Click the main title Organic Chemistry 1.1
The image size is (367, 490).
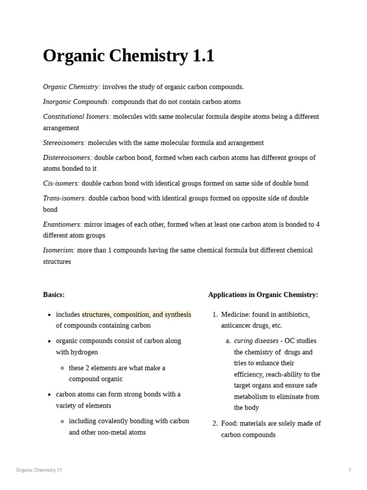(129, 56)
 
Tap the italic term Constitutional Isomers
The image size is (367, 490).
(77, 116)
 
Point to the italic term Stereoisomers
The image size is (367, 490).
(64, 143)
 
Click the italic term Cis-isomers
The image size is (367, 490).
(61, 183)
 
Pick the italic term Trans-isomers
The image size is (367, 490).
(65, 198)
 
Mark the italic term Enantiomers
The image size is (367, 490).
(63, 224)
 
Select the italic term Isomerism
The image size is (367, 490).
(59, 250)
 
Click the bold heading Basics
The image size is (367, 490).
(54, 295)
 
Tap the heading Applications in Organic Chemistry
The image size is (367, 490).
(263, 295)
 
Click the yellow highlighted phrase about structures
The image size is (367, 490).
(136, 314)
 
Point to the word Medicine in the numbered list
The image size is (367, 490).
(235, 314)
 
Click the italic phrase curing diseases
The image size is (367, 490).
(256, 341)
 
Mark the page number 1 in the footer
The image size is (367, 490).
(350, 470)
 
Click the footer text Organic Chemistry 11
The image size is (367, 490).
(39, 470)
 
